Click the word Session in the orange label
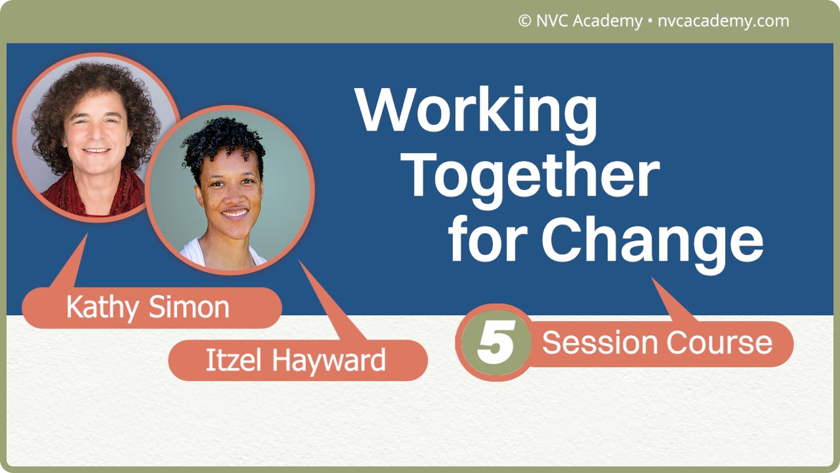(x=600, y=343)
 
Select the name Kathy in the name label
(x=105, y=307)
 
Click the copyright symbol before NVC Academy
(x=524, y=21)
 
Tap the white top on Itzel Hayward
(x=197, y=253)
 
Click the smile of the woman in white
(x=234, y=214)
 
